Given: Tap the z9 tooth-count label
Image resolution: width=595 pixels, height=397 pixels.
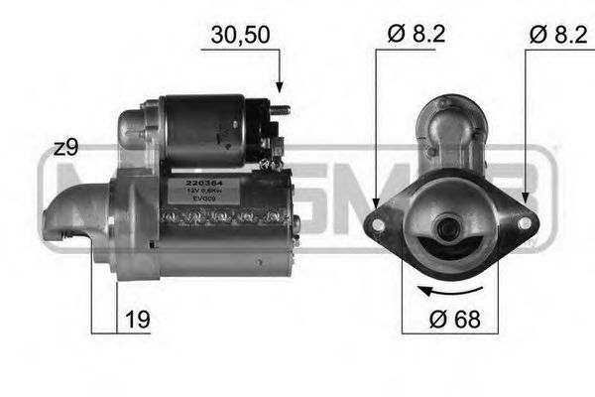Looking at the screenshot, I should click(x=65, y=148).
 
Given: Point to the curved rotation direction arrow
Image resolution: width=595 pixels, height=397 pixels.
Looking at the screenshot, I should click(x=453, y=289).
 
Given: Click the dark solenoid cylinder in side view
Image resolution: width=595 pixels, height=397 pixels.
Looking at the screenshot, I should click(x=208, y=123).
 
